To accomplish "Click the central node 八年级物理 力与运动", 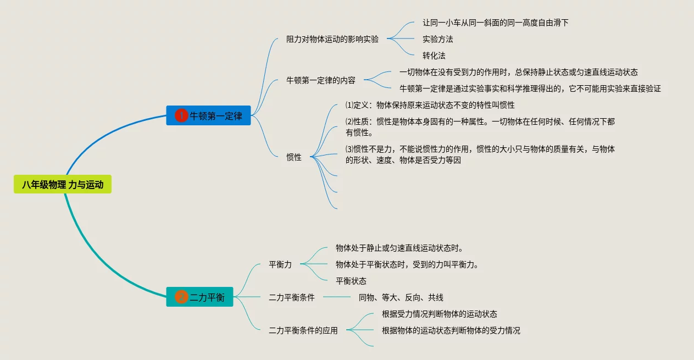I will click(x=63, y=185).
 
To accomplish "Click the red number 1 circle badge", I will click(x=181, y=116).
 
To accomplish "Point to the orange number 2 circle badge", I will click(x=181, y=297).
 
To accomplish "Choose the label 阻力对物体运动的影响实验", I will click(x=332, y=39).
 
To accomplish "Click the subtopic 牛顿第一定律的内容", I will click(x=321, y=80).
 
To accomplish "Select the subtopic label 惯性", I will click(x=294, y=157).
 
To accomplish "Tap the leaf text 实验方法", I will click(x=438, y=39).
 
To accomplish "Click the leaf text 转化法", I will click(x=434, y=56).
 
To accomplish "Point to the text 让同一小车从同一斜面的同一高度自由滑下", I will click(x=495, y=23).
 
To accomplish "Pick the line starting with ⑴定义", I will click(x=430, y=105).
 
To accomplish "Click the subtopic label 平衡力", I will click(x=280, y=264).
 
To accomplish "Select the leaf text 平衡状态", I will click(x=351, y=281).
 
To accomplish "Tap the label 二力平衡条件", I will click(x=292, y=297).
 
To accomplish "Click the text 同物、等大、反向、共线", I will click(x=401, y=297).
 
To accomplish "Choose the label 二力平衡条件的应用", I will click(x=303, y=330).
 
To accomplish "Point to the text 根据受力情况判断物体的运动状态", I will click(x=440, y=314).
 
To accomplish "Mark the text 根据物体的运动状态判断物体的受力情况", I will click(x=451, y=330).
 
